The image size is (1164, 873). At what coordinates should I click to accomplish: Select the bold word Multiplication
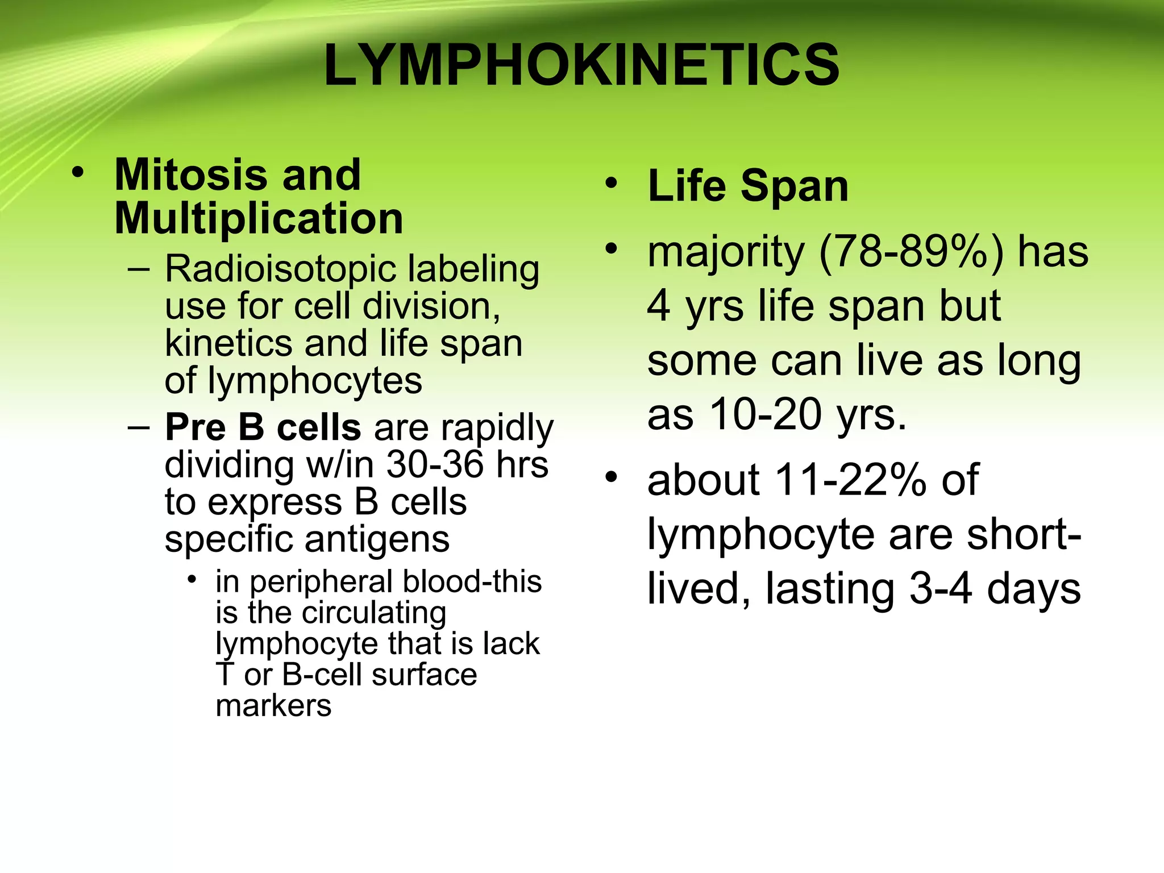(x=259, y=219)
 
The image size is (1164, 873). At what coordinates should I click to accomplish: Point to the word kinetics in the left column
(x=228, y=344)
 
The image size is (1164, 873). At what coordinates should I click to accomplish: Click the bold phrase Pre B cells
(x=263, y=427)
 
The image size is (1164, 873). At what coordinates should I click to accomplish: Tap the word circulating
(x=374, y=613)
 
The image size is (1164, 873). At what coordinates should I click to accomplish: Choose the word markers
(x=273, y=706)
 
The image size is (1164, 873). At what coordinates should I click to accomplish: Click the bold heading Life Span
(x=748, y=186)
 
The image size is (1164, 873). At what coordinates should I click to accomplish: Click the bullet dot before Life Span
(x=611, y=184)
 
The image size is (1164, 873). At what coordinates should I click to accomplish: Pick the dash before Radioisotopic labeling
(x=139, y=269)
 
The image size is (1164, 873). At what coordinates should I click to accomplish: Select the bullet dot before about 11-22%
(x=611, y=478)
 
